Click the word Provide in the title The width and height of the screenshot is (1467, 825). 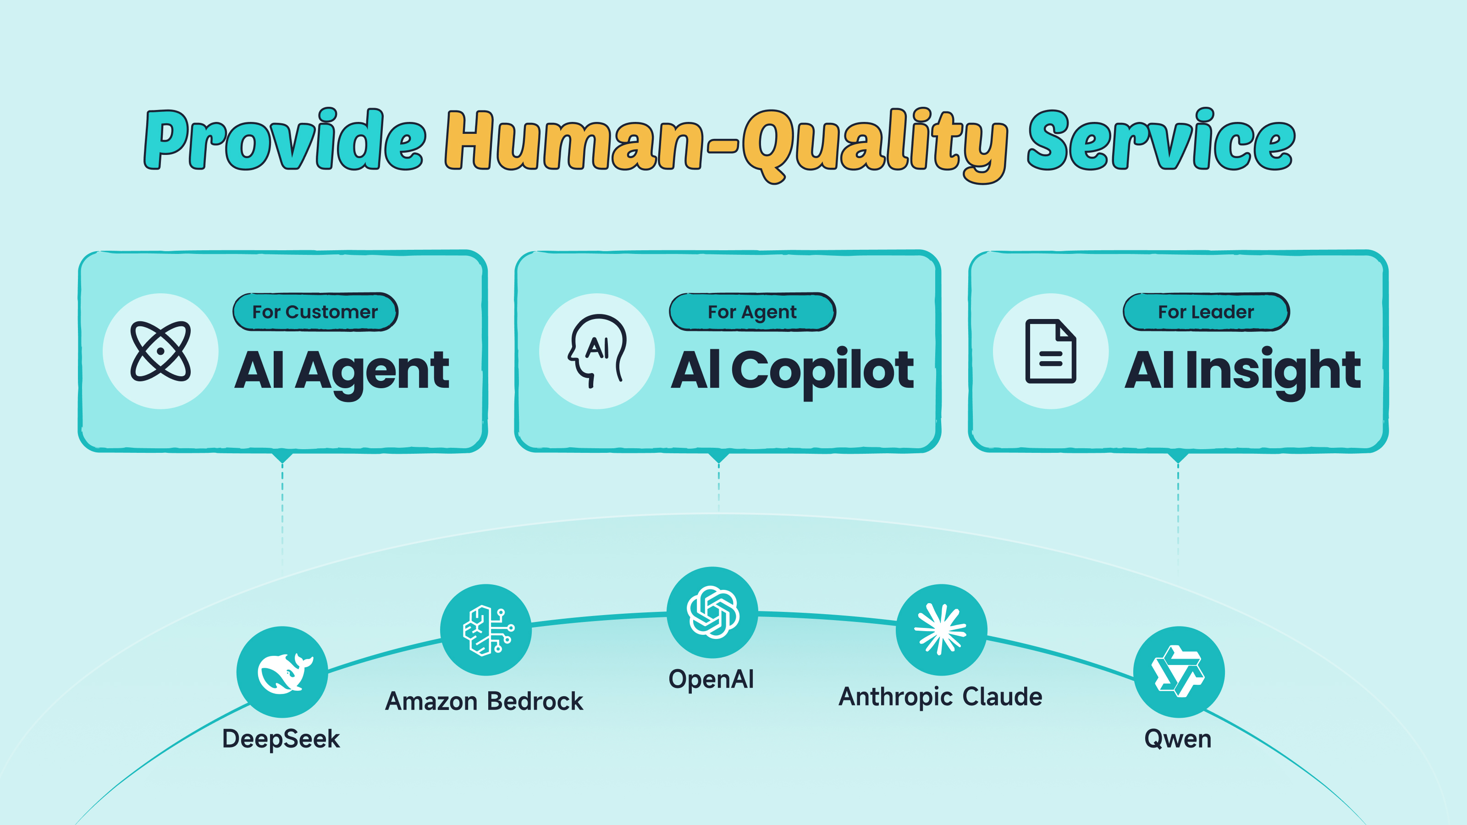coord(285,139)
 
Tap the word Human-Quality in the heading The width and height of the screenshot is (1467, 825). coord(726,145)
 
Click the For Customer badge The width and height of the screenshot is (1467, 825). coord(315,312)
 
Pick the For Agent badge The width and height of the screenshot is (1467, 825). coord(752,312)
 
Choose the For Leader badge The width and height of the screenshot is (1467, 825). coord(1206,312)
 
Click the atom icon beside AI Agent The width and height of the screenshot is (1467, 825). coord(160,351)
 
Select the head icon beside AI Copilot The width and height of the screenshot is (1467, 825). coord(597,351)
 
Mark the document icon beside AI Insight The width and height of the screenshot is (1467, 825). coord(1051,351)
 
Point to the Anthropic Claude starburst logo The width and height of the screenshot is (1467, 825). coord(941,630)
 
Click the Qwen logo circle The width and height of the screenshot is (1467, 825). coord(1179,672)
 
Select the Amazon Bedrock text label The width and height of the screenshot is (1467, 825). coord(484,701)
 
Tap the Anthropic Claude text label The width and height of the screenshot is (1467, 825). coord(940,697)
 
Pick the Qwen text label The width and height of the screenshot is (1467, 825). coord(1178,739)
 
